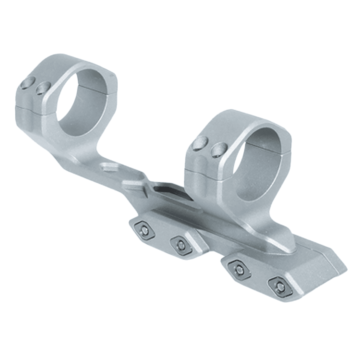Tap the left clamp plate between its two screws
(x=162, y=236)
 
